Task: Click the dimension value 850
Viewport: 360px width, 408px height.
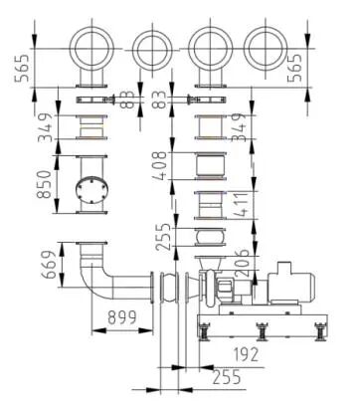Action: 44,184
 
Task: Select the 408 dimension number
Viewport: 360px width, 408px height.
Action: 159,166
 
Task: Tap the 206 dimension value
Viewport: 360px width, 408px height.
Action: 242,263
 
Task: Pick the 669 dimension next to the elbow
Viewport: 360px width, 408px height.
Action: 48,265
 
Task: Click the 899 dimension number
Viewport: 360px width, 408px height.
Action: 122,317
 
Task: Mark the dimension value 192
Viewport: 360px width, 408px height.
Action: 246,354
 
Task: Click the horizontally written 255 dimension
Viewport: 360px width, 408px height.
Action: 227,377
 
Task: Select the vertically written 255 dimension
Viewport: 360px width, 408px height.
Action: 163,237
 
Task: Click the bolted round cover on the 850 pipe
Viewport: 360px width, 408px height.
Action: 91,191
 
